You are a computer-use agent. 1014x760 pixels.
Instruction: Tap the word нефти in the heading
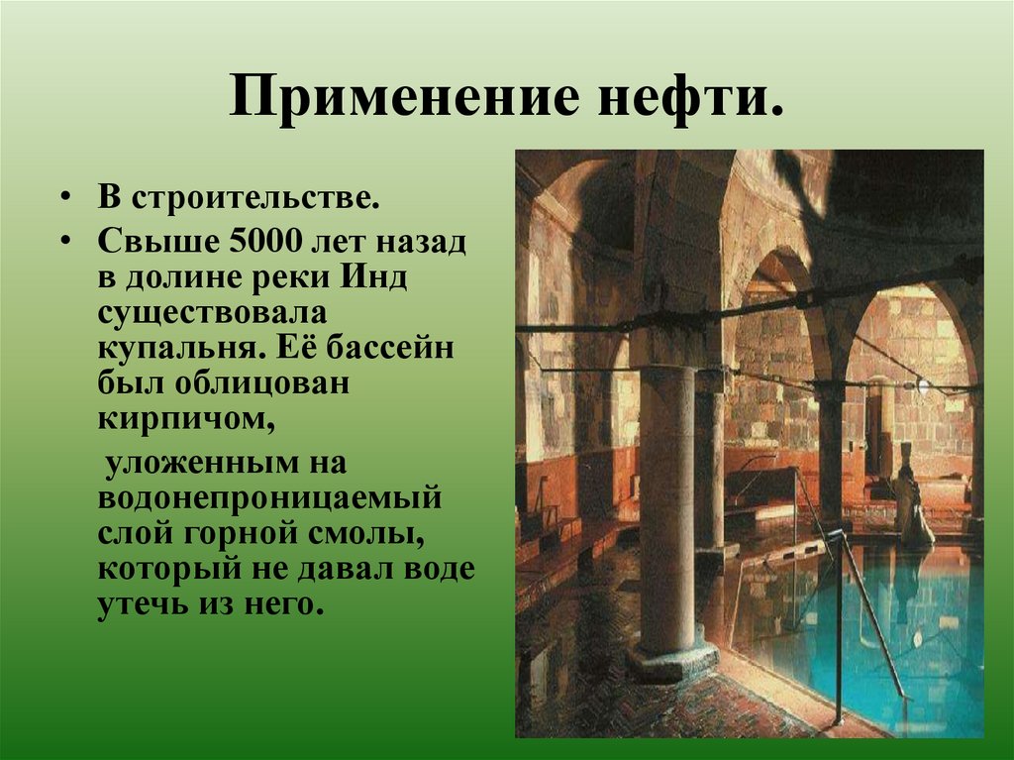(x=679, y=99)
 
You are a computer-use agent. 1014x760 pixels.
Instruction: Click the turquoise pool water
(x=931, y=634)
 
